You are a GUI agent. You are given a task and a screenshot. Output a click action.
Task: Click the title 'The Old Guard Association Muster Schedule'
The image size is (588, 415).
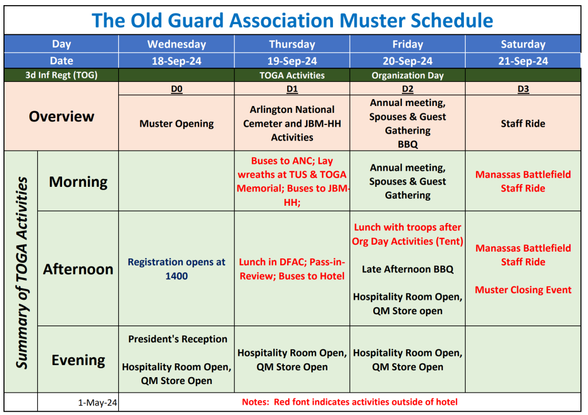292,21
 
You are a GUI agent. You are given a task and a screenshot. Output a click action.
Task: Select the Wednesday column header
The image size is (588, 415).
176,44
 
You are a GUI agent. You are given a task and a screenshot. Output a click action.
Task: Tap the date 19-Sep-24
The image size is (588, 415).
292,61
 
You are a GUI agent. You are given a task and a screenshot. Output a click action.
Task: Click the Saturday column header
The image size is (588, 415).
523,44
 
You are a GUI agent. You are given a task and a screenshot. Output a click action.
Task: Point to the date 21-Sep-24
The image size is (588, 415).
523,61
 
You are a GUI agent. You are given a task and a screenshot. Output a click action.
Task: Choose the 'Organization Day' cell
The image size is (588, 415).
407,75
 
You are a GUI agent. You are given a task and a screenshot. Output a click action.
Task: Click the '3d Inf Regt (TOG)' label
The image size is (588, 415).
61,75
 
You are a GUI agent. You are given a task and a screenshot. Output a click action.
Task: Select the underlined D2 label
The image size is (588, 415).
407,89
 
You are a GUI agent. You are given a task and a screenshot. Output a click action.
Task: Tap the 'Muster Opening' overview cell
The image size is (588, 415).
176,124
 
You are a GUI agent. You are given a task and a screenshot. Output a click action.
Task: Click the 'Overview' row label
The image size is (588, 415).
61,116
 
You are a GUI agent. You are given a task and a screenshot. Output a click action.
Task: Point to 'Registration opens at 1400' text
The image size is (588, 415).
176,269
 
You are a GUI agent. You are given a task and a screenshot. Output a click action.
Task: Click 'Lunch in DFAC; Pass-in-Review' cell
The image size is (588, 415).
292,269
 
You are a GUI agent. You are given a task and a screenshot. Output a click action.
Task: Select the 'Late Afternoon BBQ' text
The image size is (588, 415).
407,269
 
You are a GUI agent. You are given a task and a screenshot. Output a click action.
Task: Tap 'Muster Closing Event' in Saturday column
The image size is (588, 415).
523,290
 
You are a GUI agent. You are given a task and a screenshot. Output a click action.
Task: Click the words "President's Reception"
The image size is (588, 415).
177,339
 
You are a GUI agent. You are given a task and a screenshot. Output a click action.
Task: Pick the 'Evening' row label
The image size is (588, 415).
78,360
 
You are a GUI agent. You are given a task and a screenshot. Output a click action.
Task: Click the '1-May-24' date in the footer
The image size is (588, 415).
98,403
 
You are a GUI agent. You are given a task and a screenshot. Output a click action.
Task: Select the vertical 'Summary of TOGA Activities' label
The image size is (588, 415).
21,272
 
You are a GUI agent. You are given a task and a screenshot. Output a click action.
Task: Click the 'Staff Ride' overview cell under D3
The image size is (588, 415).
523,124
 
